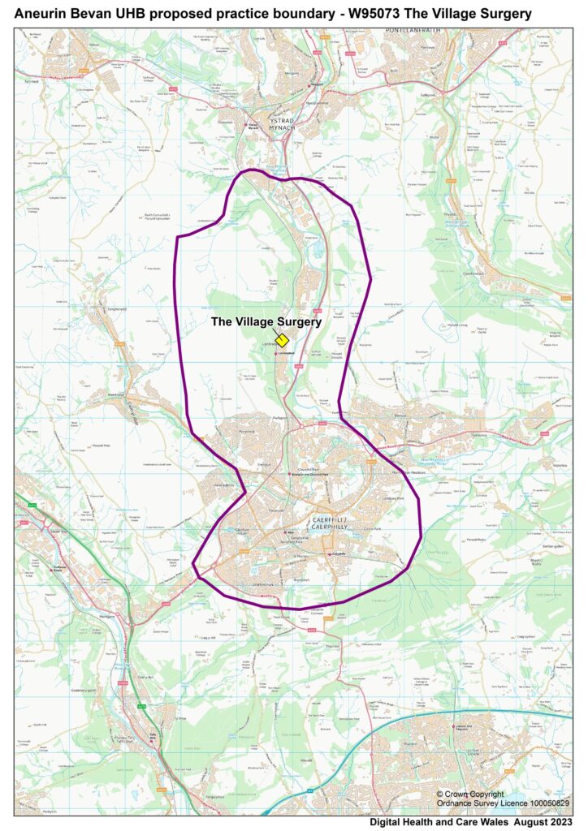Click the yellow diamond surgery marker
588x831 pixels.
(282, 340)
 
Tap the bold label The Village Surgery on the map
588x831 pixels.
(266, 321)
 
